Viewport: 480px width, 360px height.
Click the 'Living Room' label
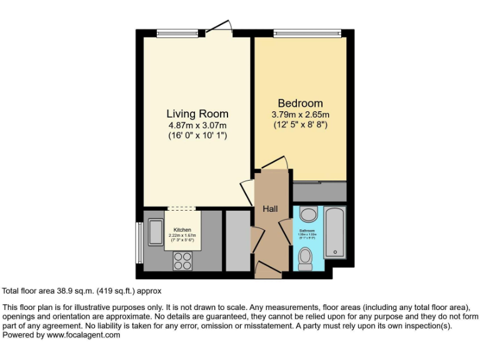pos(197,114)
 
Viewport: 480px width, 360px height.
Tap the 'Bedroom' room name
pos(300,104)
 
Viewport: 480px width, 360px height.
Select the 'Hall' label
pos(270,209)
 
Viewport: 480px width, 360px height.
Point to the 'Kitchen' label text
pos(182,230)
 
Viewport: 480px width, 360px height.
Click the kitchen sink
pos(155,232)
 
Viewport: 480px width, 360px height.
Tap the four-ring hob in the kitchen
pos(182,260)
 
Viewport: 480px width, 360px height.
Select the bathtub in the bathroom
pos(334,232)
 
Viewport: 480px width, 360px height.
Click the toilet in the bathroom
pos(306,258)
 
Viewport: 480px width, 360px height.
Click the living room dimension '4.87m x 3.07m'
pos(197,125)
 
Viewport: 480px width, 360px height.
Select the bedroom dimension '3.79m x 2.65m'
pos(300,115)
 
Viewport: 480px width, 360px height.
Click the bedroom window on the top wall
pos(307,33)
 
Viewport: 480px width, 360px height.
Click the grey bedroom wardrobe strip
pos(319,191)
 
